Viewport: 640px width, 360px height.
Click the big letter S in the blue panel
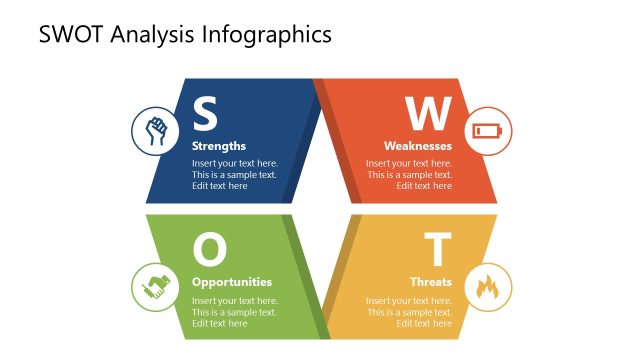(205, 114)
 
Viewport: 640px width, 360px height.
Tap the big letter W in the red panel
(428, 114)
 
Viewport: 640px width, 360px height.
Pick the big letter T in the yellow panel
(438, 249)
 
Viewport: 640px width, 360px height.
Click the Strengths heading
(219, 146)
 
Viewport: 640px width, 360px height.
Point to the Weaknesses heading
(418, 146)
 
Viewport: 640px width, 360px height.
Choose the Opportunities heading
(232, 282)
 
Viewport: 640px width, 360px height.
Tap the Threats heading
(431, 282)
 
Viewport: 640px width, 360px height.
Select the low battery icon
(488, 131)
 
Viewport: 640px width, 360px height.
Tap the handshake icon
(155, 287)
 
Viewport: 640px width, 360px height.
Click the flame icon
(488, 287)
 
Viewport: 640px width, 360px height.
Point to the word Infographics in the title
(267, 35)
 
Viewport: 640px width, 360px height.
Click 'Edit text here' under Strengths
(220, 186)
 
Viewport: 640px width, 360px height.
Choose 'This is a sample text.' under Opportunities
(234, 312)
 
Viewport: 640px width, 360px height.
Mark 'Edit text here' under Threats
(424, 323)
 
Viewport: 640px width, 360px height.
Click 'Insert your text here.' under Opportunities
(235, 301)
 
